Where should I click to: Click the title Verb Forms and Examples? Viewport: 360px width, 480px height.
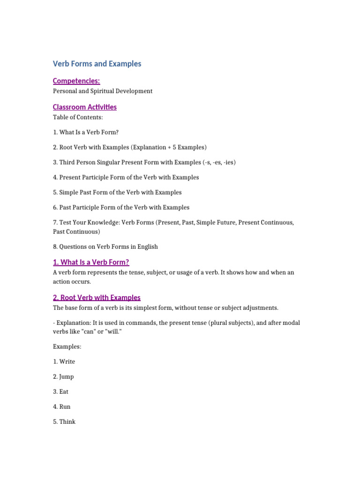[97, 64]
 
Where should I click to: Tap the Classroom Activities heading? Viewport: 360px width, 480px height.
[85, 107]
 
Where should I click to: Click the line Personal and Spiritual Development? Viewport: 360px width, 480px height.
[103, 91]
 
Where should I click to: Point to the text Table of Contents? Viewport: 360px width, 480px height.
[78, 117]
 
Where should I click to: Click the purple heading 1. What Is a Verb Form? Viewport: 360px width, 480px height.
[91, 262]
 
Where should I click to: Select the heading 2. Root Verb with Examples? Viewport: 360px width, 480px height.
[97, 297]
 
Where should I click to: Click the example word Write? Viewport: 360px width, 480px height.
[67, 361]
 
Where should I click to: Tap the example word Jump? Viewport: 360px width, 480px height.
[67, 376]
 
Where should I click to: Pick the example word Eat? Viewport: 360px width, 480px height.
[64, 391]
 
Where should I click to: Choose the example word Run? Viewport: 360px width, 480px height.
[65, 406]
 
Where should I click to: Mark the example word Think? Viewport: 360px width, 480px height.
[67, 421]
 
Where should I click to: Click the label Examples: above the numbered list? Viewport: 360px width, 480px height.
[67, 346]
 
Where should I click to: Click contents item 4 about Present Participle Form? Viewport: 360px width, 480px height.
[126, 177]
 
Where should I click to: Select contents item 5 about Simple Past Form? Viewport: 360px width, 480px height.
[117, 192]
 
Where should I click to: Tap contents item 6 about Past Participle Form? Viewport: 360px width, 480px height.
[121, 207]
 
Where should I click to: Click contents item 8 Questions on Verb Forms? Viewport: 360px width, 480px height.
[105, 247]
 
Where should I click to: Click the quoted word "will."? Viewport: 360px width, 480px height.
[106, 331]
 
